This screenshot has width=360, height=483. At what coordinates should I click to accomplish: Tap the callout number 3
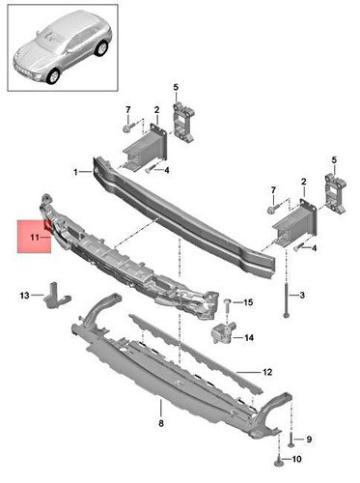[x=302, y=295]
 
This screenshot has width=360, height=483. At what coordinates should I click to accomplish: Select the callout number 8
[x=162, y=423]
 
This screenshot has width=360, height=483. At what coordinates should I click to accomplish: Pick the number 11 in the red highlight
[x=34, y=235]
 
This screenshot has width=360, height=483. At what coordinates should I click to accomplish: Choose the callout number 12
[x=267, y=371]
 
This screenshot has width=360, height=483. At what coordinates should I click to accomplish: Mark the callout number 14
[x=248, y=338]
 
